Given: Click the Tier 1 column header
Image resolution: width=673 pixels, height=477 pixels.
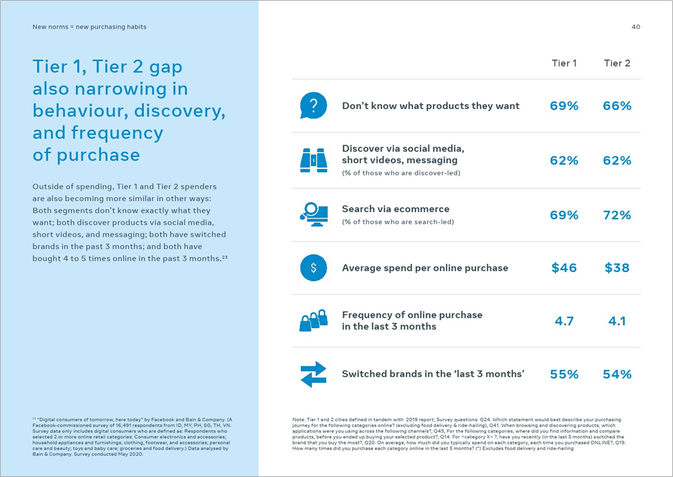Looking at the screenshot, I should [x=564, y=63].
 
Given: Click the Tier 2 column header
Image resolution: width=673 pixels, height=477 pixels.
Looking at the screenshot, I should [x=617, y=63].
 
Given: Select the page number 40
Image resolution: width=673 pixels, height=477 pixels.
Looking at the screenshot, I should [x=635, y=27].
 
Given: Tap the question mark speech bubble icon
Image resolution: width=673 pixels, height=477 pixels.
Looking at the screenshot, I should [x=313, y=106].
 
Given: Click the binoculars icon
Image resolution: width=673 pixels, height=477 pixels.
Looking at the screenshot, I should [x=313, y=160].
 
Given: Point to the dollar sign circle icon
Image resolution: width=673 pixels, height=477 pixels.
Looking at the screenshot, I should [x=313, y=268].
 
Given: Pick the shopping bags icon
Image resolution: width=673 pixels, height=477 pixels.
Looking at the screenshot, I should [x=313, y=320].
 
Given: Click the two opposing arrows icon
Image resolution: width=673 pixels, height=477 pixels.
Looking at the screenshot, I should [x=313, y=374].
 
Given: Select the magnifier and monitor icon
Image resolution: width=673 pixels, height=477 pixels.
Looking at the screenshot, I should [x=313, y=214].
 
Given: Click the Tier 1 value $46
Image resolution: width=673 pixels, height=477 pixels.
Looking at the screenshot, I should [x=564, y=268].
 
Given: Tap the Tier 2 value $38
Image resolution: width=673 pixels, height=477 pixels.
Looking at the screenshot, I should [x=617, y=268].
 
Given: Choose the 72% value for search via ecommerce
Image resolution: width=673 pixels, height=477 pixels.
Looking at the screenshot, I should [x=617, y=215].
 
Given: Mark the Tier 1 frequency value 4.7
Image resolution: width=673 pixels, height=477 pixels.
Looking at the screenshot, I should [x=564, y=321].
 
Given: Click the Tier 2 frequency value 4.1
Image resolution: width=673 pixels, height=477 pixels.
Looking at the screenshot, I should [x=617, y=321].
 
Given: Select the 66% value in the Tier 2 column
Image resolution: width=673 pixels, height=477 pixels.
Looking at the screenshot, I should [x=617, y=106].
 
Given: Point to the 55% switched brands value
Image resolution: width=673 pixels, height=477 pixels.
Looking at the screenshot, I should [x=564, y=374].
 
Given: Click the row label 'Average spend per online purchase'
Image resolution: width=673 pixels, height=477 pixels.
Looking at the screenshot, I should [x=425, y=268].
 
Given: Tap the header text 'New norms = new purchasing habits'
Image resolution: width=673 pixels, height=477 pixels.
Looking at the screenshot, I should [x=90, y=27].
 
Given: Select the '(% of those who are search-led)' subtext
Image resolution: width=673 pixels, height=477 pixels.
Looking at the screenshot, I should [x=398, y=222].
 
